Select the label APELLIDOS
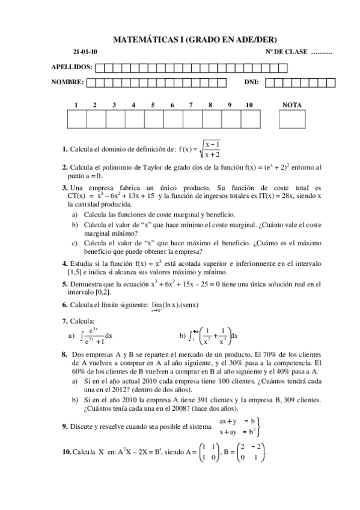point(72,67)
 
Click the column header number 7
point(191,105)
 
